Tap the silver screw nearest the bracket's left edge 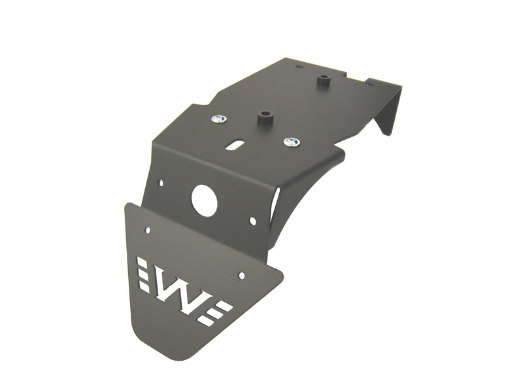pos(219,119)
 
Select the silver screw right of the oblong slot pos(292,142)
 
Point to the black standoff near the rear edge pos(322,82)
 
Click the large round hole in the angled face pos(204,201)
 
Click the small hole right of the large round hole pos(253,221)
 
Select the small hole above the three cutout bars pos(148,231)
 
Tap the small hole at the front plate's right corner pos(241,276)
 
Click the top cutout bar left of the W pos(141,262)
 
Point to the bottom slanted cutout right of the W pos(207,321)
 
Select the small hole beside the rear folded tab pos(367,84)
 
